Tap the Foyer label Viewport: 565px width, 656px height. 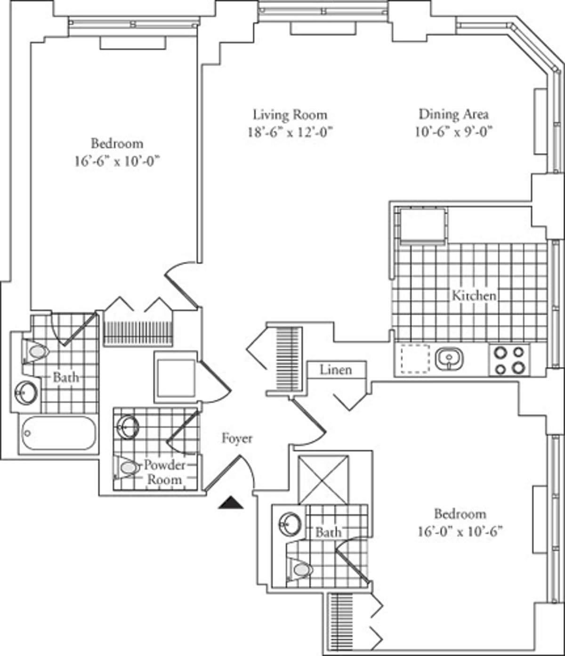coord(237,439)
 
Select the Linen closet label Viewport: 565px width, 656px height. coord(336,369)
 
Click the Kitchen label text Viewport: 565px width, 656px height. coord(474,296)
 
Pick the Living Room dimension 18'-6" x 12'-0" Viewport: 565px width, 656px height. coord(290,132)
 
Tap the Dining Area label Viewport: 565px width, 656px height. coord(453,114)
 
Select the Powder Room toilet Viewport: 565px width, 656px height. coord(127,468)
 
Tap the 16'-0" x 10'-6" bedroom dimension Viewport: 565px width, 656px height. coord(460,532)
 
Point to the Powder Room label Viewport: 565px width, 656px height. coord(164,472)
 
